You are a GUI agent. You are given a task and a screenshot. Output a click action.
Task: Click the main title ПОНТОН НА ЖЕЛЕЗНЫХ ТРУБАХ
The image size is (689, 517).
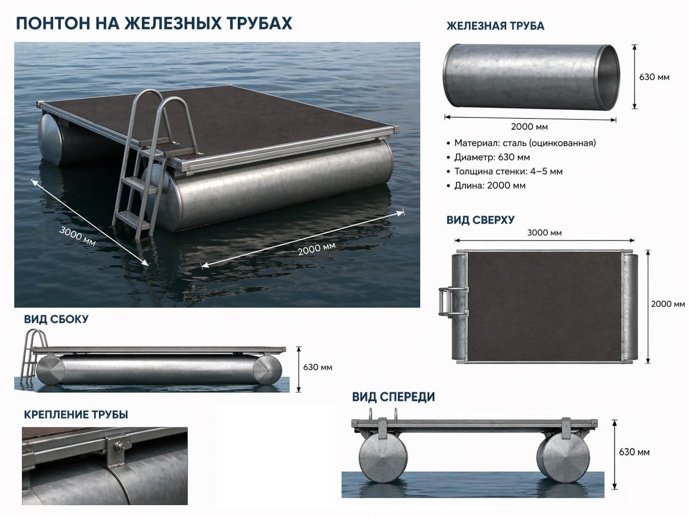click(154, 23)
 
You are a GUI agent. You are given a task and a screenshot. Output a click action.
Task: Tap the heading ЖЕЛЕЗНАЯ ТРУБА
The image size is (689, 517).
click(495, 26)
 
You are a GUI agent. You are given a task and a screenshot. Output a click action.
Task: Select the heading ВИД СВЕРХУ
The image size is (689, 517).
click(480, 220)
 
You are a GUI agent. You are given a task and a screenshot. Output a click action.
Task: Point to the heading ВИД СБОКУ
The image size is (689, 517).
click(56, 319)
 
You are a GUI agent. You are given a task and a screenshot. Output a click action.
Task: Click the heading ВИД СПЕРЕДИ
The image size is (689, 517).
click(394, 397)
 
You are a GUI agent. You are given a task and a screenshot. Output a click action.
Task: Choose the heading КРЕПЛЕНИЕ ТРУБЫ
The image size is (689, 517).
click(76, 415)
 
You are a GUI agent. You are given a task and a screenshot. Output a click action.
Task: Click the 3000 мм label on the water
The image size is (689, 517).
click(78, 236)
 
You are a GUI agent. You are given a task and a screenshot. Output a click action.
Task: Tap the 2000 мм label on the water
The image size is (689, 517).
click(317, 249)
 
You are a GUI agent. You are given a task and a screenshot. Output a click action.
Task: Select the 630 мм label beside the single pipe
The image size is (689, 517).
click(654, 77)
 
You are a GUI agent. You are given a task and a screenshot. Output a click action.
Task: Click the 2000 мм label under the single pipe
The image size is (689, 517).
click(529, 127)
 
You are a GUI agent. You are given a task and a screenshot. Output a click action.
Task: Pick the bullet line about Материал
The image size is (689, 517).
click(521, 143)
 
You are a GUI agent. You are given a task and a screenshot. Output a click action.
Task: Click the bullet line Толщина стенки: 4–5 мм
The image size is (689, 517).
click(504, 171)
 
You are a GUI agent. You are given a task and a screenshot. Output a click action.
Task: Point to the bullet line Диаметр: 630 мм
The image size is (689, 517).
click(488, 157)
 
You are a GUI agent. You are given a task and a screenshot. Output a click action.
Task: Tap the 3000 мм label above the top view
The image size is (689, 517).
click(544, 233)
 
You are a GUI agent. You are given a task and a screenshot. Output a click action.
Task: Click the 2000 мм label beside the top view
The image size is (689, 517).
click(668, 304)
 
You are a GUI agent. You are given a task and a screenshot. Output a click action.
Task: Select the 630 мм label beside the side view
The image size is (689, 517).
click(317, 367)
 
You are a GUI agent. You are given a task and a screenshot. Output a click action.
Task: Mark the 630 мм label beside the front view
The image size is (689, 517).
click(634, 452)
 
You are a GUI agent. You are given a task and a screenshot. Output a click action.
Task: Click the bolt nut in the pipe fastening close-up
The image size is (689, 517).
click(119, 446)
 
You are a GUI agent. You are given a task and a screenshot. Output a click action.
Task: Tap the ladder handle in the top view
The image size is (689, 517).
click(442, 301)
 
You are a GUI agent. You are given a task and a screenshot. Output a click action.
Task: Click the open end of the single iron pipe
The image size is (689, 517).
click(607, 77)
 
